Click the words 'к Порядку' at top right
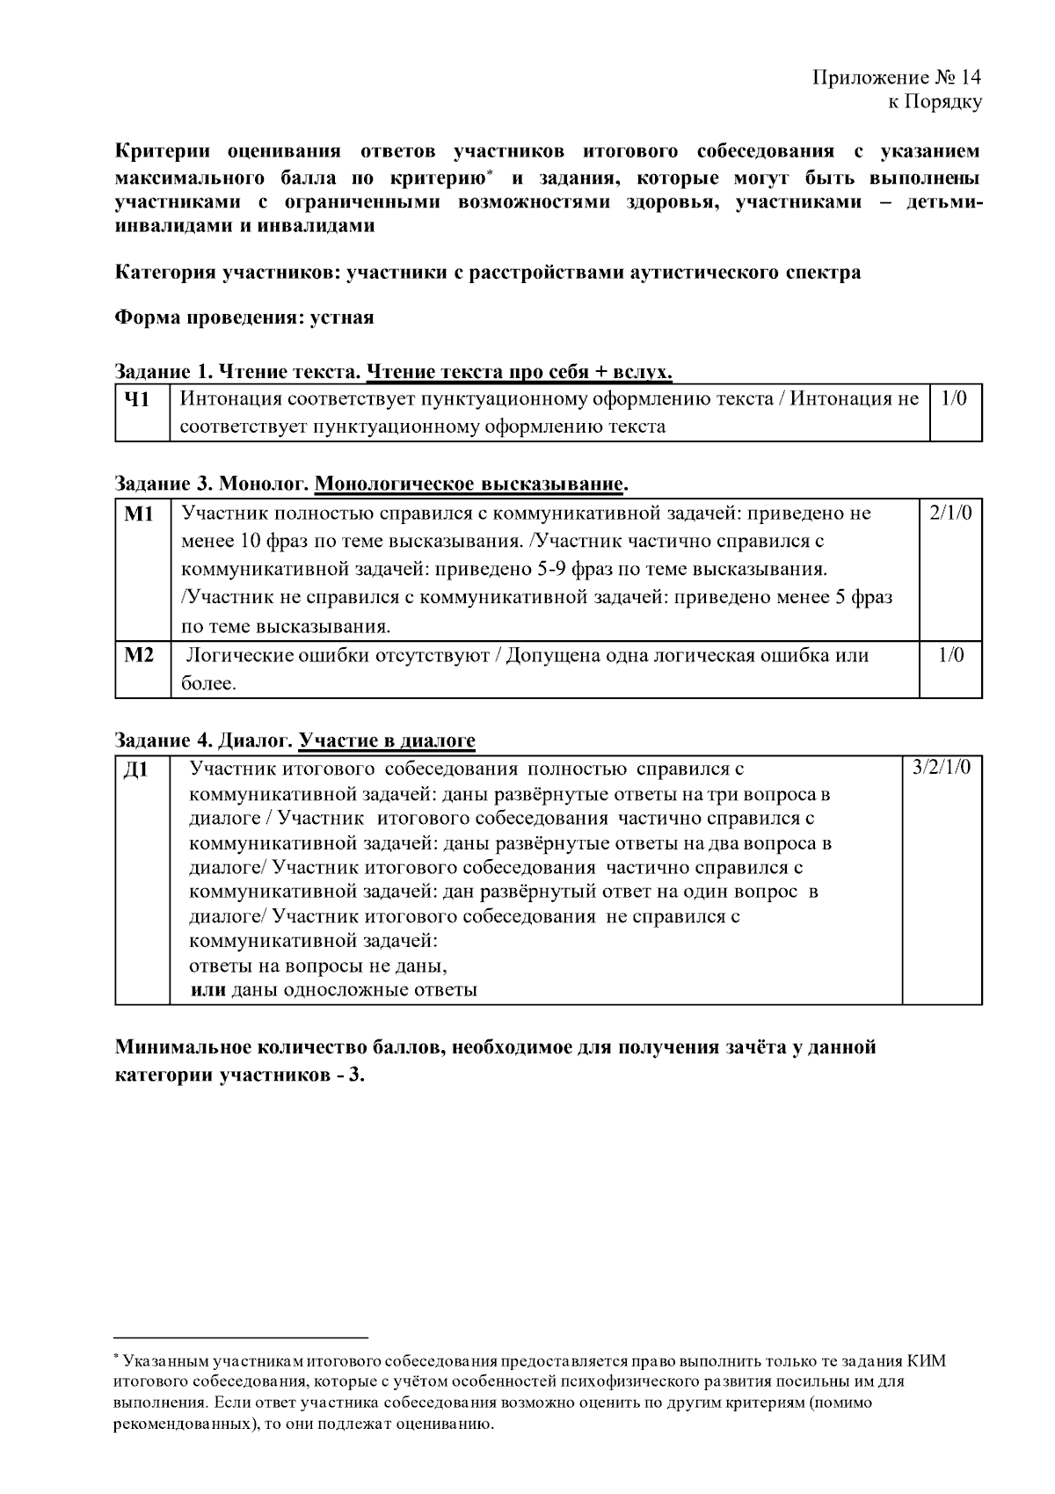click(x=934, y=102)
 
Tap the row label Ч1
click(x=135, y=400)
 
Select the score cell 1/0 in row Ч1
click(x=954, y=399)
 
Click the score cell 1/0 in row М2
click(x=949, y=655)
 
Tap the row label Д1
click(x=135, y=770)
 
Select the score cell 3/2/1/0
click(x=942, y=767)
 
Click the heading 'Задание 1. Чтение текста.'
click(x=237, y=373)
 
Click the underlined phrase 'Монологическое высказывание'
click(x=469, y=485)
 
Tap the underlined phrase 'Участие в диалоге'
click(x=387, y=740)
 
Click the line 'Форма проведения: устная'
click(x=244, y=317)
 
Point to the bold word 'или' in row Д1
click(x=208, y=990)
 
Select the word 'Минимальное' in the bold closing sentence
click(x=183, y=1047)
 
